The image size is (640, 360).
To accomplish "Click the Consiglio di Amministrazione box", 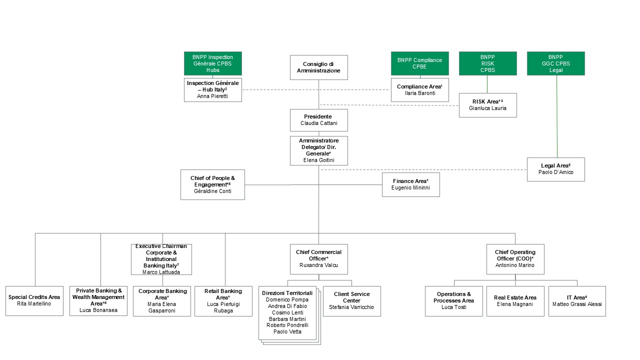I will pos(318,67).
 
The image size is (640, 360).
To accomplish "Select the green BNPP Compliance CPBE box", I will pos(419,63).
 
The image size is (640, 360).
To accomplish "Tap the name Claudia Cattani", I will pos(318,123).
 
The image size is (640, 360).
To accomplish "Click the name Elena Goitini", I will pos(318,160).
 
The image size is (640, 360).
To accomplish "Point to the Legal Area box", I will pos(555,169).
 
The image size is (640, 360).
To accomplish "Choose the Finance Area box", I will pos(410,184).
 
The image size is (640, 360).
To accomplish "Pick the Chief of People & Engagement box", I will pos(212,184).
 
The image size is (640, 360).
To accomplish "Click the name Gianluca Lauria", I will pos(487,108).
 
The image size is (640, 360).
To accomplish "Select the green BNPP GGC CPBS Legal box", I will pos(555,63).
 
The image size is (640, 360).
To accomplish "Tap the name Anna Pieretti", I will pos(212,96).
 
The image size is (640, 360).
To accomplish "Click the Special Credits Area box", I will pos(34,300).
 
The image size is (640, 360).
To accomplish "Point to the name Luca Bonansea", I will pos(99,310).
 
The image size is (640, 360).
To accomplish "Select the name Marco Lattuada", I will pos(161,272).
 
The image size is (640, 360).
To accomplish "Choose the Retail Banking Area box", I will pos(222,300).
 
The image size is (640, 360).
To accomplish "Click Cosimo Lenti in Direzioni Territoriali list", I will pos(288,312).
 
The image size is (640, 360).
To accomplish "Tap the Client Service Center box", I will pos(351,300).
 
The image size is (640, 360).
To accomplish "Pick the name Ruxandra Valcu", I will pos(318,265).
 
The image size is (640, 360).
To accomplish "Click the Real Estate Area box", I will pos(515,300).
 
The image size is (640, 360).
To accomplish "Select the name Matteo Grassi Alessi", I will pos(577,304).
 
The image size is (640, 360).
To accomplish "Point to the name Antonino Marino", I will pos(515,265).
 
